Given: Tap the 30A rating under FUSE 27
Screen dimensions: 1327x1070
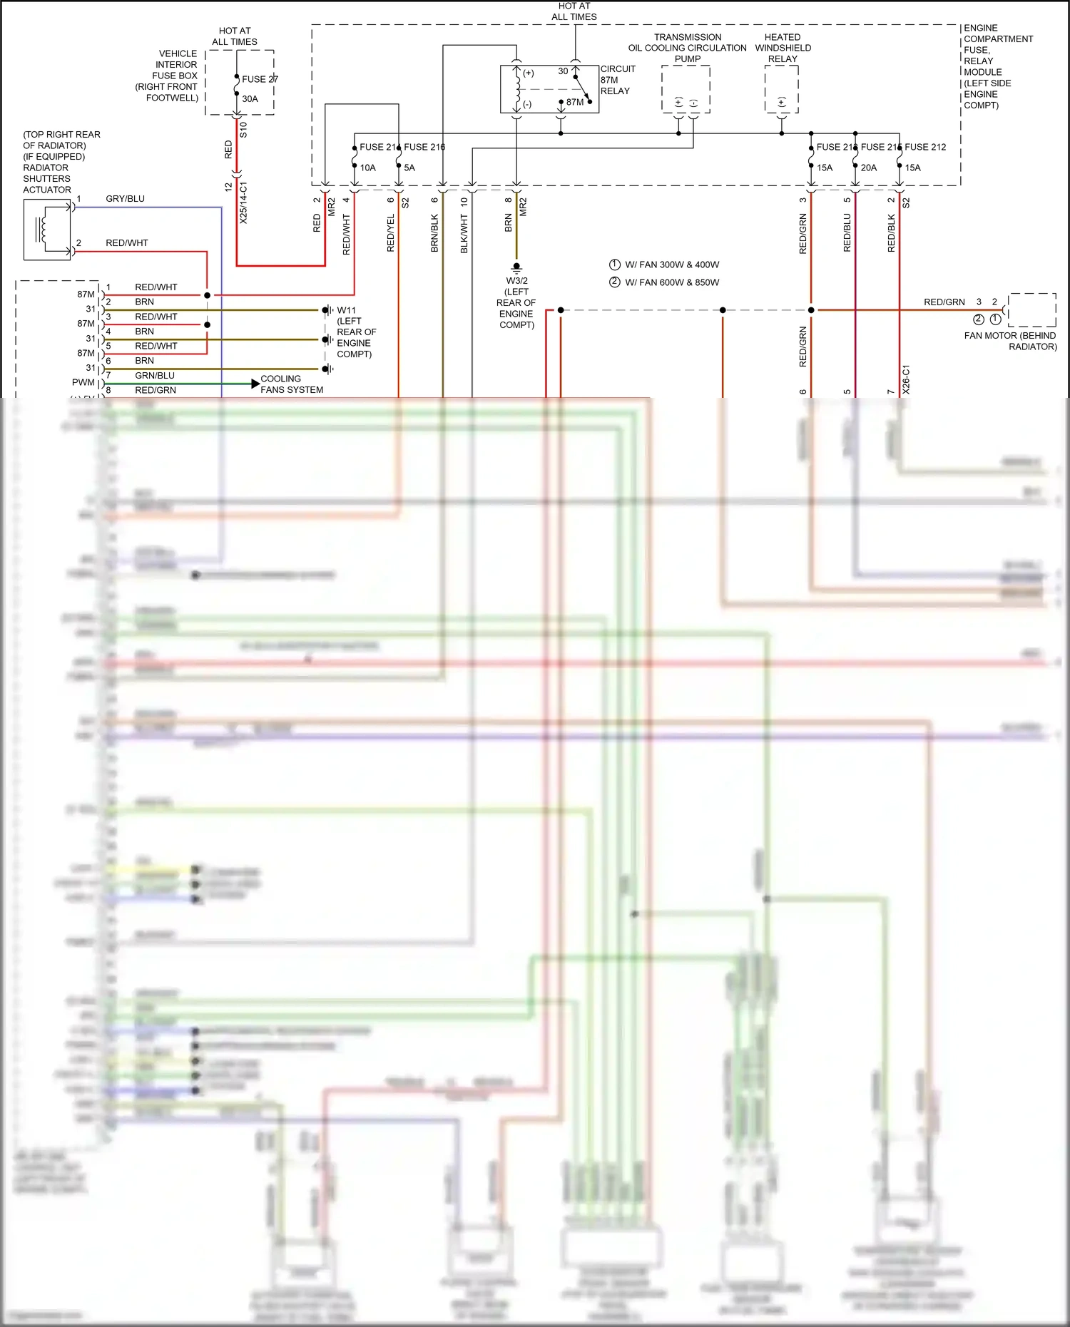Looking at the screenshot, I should pos(250,99).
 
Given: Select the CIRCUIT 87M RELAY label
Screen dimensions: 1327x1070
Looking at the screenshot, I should pos(617,80).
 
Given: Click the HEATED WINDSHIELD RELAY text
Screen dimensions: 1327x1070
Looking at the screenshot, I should pos(783,48).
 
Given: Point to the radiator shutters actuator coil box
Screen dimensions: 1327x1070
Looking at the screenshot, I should pos(47,230).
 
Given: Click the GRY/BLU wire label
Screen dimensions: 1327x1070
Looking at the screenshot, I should pos(125,199).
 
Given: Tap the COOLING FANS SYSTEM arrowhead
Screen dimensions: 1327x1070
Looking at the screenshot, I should pos(255,384).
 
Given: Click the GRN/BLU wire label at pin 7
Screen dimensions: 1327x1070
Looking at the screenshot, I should pos(155,376).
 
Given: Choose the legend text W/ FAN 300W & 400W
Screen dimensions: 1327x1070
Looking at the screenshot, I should pos(672,265).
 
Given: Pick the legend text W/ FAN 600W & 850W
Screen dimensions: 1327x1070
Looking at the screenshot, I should pos(672,282).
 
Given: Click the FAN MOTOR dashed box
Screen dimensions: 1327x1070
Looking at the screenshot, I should pos(1032,309).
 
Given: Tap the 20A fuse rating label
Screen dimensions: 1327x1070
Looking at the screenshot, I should pos(869,168).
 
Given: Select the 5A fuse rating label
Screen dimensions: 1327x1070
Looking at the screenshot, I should pos(409,168).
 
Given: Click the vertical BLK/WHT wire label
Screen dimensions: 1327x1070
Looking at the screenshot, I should pos(464,235).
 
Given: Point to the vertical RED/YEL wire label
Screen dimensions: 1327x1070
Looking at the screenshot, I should pos(391,233).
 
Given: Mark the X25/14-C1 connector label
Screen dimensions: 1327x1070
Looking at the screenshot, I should pos(243,203).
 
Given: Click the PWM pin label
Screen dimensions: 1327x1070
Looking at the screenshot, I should pos(83,383).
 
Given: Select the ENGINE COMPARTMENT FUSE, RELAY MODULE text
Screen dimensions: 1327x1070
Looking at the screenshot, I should pos(997,66).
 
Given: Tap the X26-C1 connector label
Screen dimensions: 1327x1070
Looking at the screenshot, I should pos(906,379).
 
